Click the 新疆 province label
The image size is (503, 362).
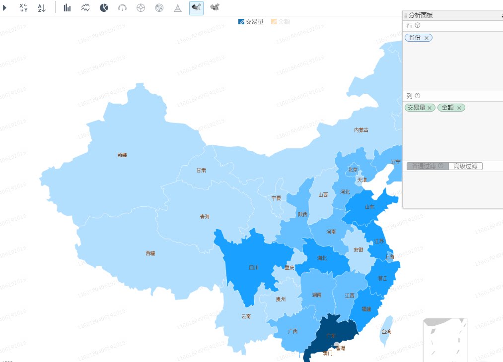coord(122,155)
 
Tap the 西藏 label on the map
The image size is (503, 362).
coord(150,253)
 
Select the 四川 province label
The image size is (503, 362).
coord(254,267)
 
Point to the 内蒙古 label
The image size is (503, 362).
coord(361,130)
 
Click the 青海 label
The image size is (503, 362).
coord(205,217)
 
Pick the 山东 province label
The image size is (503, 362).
coord(369,207)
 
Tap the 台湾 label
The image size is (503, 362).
coord(386,331)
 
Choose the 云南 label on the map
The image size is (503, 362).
coord(246,316)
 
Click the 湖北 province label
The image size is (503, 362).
coord(322,258)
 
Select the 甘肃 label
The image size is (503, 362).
coord(201,170)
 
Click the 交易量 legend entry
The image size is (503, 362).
coord(251,21)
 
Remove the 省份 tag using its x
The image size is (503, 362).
coord(427,38)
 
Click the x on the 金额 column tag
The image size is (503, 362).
coord(459,108)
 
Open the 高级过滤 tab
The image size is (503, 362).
coord(466,166)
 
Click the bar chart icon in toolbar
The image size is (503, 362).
coord(67,7)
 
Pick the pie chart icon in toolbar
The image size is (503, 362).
coord(104,7)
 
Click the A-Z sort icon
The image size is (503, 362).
coord(42,7)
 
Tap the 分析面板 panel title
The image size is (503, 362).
coord(421,15)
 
